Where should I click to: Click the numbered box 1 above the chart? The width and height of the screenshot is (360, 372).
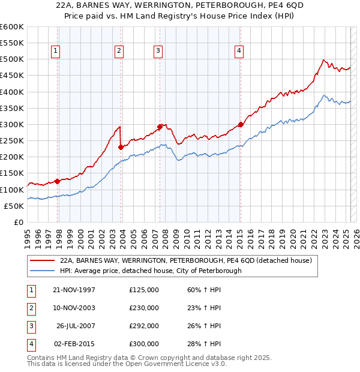(55, 51)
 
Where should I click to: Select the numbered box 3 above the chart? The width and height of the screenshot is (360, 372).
(158, 51)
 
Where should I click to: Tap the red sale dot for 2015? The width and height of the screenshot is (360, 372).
(241, 125)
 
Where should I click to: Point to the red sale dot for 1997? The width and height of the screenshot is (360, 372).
(58, 181)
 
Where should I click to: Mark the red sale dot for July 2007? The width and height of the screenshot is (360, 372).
(160, 127)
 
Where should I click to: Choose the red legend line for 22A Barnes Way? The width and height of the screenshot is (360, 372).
(43, 261)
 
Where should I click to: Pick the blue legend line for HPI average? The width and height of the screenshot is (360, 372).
(43, 271)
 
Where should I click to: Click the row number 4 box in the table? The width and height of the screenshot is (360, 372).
(31, 344)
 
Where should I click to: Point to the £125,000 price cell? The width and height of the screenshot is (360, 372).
(144, 290)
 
